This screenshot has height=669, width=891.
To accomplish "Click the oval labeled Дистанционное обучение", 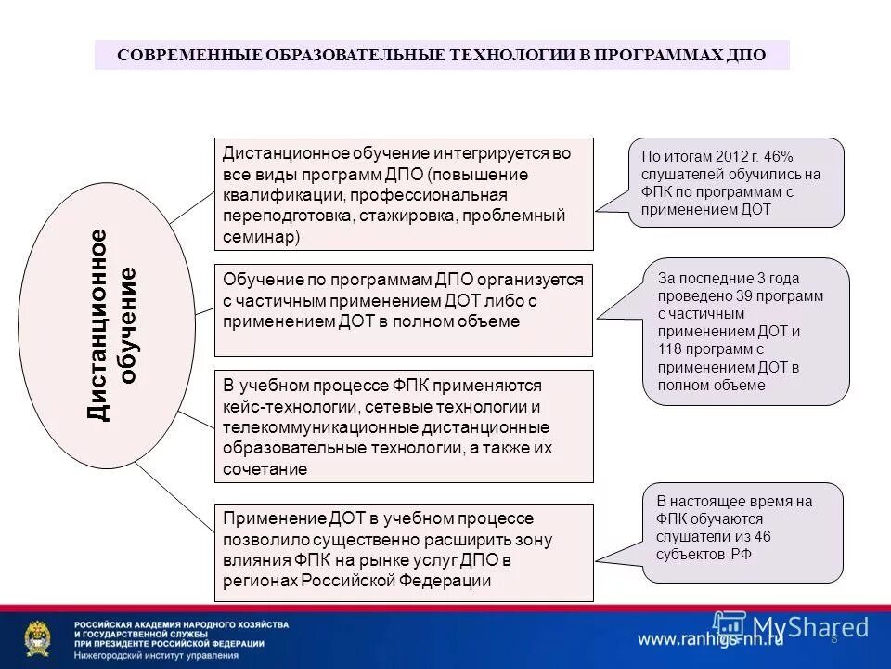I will point(107,324).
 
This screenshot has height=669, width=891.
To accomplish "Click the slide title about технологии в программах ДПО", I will point(442,55).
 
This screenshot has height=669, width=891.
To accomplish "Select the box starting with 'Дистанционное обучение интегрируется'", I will point(404,194).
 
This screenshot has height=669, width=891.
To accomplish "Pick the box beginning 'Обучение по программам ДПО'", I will point(404,309).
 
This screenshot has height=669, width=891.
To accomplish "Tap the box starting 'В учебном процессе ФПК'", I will point(404,426).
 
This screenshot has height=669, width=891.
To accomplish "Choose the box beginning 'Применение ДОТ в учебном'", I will point(404,552).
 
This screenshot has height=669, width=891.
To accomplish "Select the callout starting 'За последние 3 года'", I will point(745,331).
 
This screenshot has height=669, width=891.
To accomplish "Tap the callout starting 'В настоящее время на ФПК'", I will point(742,531).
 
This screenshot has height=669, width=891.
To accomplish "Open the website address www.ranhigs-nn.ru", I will point(710,639).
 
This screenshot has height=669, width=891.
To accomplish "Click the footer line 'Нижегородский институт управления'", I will point(156,655).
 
